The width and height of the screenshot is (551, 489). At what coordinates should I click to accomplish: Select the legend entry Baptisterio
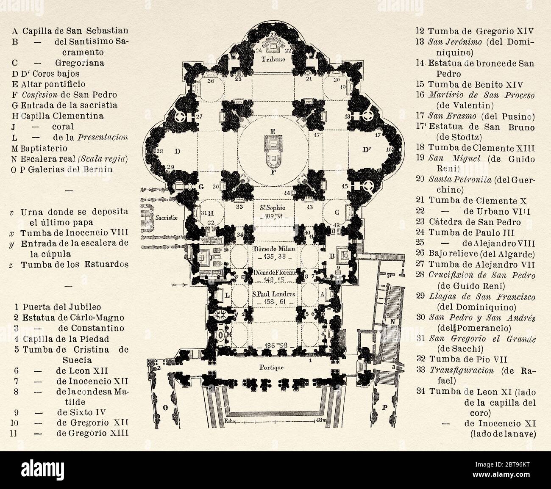pos(42,149)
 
